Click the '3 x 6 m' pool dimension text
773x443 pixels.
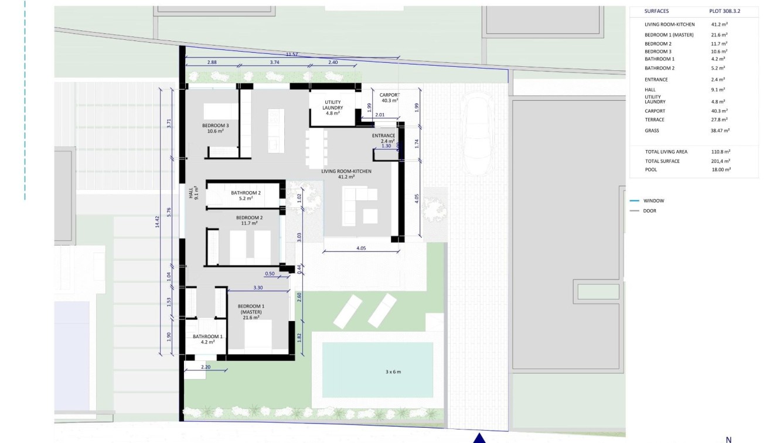pyautogui.click(x=393, y=372)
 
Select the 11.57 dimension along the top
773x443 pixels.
pyautogui.click(x=292, y=54)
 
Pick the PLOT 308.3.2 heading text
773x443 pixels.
pyautogui.click(x=724, y=11)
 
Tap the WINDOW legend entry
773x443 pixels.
pyautogui.click(x=653, y=200)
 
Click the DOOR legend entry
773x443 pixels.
pyautogui.click(x=649, y=210)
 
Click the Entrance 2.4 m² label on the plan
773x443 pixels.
pyautogui.click(x=384, y=138)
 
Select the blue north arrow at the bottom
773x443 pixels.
pyautogui.click(x=479, y=438)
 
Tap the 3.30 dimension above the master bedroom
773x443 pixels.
pyautogui.click(x=258, y=288)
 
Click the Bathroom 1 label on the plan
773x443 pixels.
pyautogui.click(x=207, y=339)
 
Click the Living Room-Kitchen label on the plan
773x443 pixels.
pyautogui.click(x=346, y=173)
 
